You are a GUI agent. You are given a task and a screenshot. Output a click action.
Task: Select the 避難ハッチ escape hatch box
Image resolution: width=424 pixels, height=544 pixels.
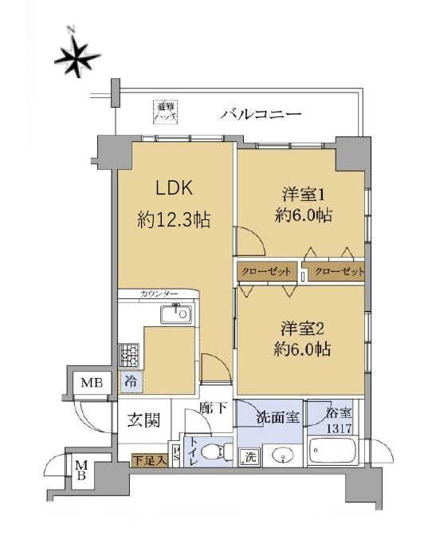166,111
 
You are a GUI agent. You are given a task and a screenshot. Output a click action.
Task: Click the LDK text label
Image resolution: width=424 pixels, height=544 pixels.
175,190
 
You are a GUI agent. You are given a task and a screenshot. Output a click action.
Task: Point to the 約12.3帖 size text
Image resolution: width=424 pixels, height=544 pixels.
174,220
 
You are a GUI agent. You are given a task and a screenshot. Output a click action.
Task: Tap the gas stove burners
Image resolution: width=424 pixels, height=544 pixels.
128,353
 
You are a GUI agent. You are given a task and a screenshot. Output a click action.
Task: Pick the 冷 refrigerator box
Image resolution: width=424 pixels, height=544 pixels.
129,382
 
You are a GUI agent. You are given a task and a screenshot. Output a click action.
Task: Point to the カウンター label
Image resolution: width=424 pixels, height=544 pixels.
157,294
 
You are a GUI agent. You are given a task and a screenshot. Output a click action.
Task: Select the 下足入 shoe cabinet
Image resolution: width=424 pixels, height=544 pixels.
149,459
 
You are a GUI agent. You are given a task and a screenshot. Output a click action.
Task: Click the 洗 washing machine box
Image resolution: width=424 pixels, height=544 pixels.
249,457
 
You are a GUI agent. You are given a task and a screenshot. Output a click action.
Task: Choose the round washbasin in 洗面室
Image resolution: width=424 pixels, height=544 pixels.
281,457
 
